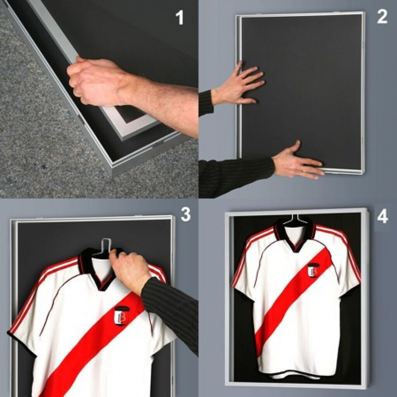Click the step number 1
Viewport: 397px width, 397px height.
coord(180,17)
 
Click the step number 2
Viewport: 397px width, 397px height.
coord(382,17)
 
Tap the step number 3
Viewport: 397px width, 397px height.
coord(186,214)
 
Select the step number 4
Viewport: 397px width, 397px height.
coord(383,217)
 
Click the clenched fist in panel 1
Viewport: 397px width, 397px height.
coord(94,81)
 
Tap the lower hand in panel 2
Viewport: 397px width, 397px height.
coord(296,162)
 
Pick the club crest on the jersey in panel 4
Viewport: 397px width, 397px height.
coord(313,270)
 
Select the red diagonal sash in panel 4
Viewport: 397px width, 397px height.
coord(294,299)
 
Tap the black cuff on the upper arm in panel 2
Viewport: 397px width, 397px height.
coord(205,102)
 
